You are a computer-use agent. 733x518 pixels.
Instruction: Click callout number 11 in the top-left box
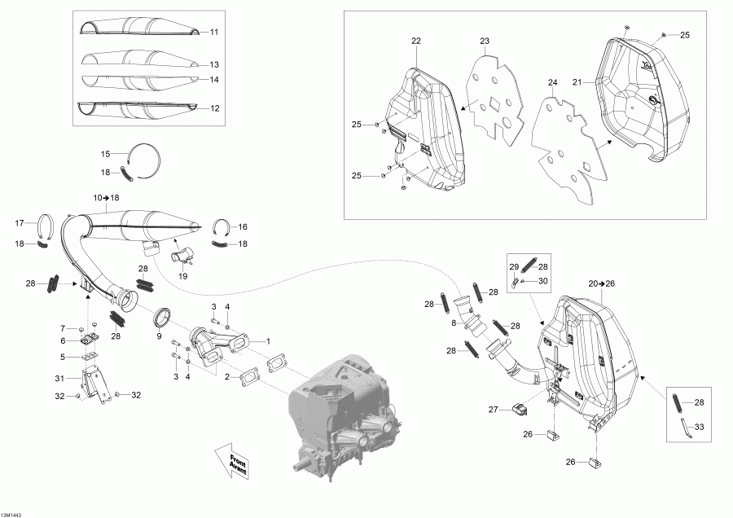[214, 32]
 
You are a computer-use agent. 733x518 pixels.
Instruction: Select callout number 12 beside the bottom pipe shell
[214, 108]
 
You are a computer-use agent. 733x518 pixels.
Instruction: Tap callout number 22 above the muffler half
[416, 41]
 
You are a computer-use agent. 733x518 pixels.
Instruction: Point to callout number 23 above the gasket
[484, 41]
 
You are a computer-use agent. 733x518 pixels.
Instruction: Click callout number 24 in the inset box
[552, 83]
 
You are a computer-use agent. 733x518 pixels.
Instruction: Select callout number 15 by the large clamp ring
[104, 154]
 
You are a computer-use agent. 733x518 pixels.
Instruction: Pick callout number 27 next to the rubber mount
[494, 409]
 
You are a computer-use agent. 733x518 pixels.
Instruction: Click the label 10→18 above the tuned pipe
[106, 198]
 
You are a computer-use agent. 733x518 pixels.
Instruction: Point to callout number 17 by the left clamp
[20, 223]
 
